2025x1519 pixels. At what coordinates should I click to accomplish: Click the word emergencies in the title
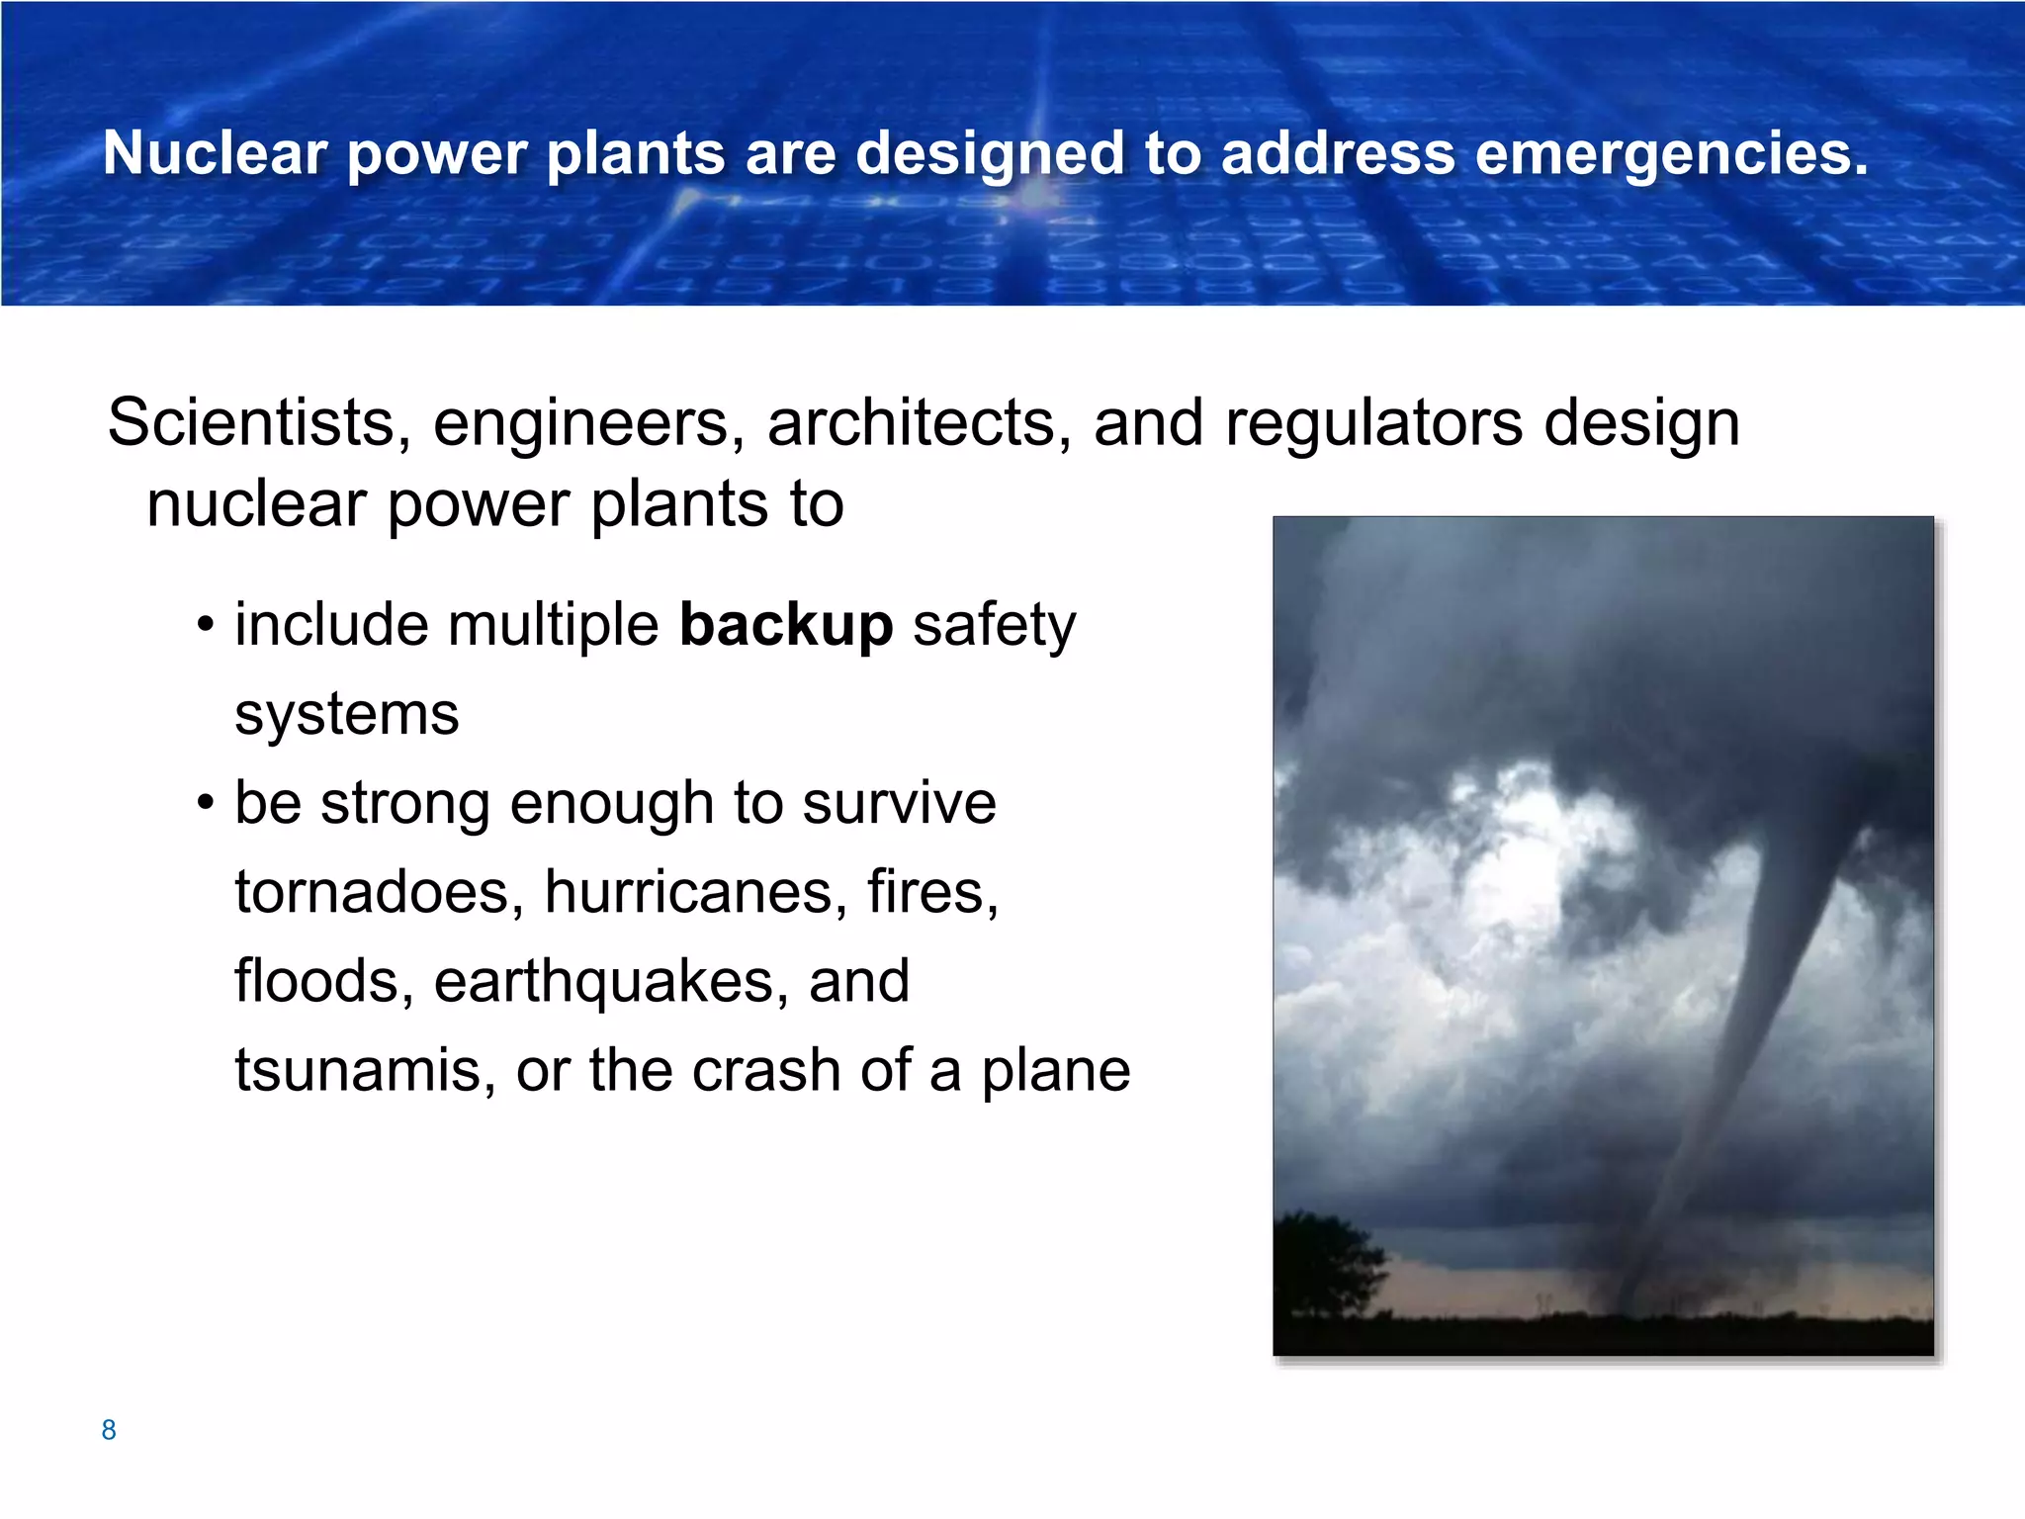pyautogui.click(x=1671, y=154)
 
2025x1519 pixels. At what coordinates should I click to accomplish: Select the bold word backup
pyautogui.click(x=786, y=626)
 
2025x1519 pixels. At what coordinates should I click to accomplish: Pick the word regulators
pyautogui.click(x=1373, y=423)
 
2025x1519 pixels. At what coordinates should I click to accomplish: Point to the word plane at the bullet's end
pyautogui.click(x=1055, y=1071)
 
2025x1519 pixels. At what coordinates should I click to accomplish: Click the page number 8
pyautogui.click(x=109, y=1430)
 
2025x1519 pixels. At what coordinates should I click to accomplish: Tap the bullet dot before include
pyautogui.click(x=205, y=626)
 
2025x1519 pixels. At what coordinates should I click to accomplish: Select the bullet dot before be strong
pyautogui.click(x=205, y=803)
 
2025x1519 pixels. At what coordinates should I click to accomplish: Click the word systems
pyautogui.click(x=346, y=714)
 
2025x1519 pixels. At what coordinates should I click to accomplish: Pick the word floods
pyautogui.click(x=323, y=981)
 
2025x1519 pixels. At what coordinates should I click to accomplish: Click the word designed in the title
pyautogui.click(x=989, y=154)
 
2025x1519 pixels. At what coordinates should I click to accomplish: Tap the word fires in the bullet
pyautogui.click(x=932, y=892)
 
